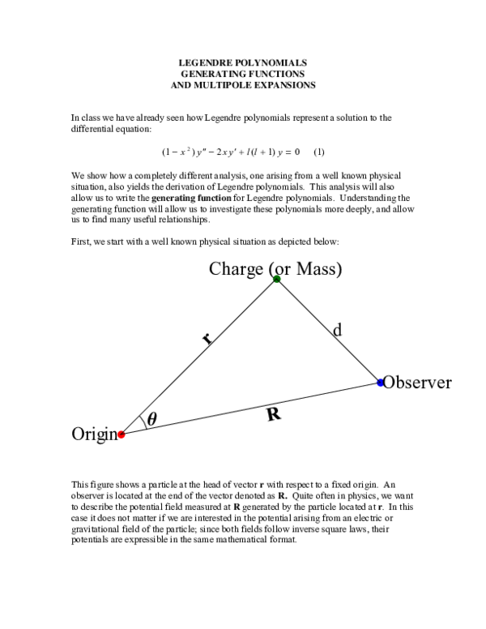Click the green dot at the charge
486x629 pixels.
(x=276, y=279)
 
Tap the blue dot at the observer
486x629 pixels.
(x=381, y=383)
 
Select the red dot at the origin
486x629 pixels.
(x=122, y=434)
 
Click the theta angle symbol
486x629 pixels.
(x=152, y=419)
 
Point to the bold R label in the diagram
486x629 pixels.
(x=274, y=414)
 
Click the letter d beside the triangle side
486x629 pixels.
(x=337, y=330)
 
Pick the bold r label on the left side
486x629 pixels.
(x=207, y=339)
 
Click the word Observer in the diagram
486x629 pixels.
(x=417, y=383)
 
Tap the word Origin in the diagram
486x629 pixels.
(x=95, y=434)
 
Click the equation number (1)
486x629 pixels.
(x=319, y=152)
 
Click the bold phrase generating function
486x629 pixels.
(x=191, y=198)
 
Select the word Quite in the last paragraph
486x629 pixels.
(x=302, y=496)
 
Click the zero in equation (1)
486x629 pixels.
(x=296, y=152)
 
